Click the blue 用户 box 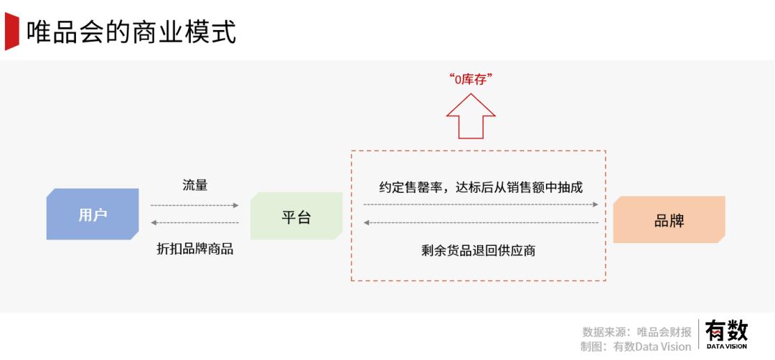[93, 214]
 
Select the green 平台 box [296, 217]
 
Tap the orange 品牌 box [669, 219]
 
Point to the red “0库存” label [471, 80]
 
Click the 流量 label [194, 186]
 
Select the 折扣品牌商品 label [194, 249]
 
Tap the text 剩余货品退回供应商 [478, 251]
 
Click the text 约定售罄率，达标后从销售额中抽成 [481, 187]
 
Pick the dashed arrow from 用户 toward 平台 [194, 205]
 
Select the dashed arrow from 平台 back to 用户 [194, 223]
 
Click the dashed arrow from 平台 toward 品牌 [481, 204]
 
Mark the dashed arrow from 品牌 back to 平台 [481, 223]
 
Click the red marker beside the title [11, 31]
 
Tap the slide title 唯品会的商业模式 [131, 32]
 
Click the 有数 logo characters [726, 331]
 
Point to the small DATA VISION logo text [726, 346]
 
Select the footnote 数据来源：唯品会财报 [637, 332]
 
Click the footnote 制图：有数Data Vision [636, 346]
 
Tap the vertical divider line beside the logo [698, 334]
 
